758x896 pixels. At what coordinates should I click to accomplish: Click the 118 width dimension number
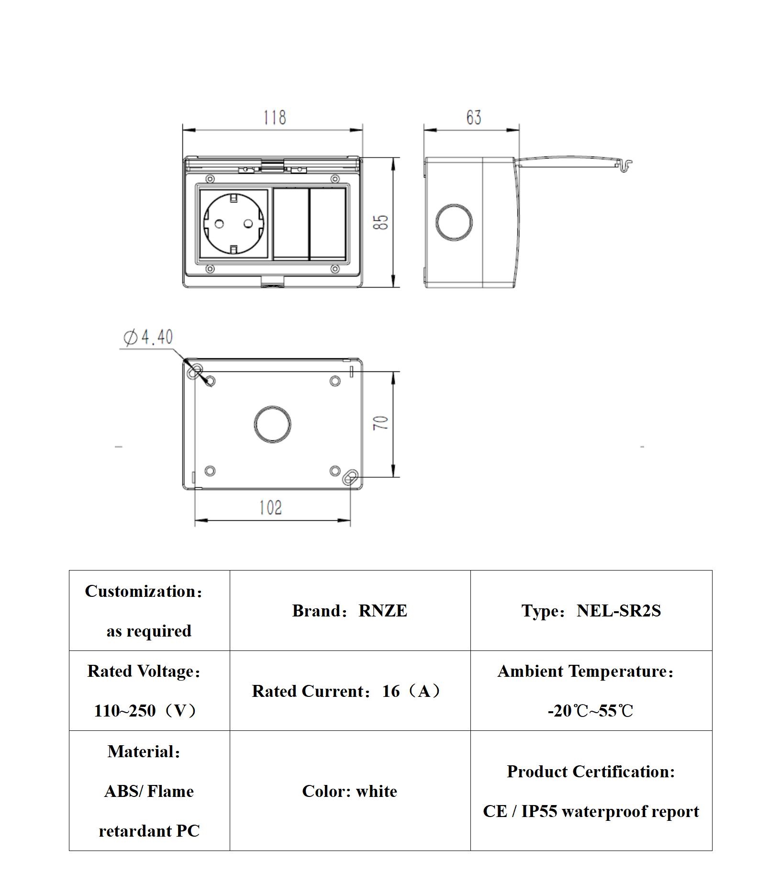[275, 117]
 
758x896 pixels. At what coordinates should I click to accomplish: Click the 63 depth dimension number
[473, 117]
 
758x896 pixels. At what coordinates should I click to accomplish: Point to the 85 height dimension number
[381, 222]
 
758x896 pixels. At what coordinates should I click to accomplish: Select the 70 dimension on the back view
[381, 423]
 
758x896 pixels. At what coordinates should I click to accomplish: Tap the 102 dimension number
[271, 508]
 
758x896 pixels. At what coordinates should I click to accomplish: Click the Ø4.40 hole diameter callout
[148, 337]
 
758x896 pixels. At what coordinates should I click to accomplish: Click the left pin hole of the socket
[220, 224]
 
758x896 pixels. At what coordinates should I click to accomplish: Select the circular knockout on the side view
[454, 223]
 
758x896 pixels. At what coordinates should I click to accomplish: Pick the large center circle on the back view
[272, 424]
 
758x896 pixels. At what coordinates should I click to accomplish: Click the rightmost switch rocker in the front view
[328, 224]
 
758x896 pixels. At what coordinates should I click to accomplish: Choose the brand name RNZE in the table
[383, 611]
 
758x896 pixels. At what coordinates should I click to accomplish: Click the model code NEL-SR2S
[619, 611]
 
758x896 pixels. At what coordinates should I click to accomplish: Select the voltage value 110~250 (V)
[145, 711]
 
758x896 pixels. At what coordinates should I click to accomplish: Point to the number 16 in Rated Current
[391, 691]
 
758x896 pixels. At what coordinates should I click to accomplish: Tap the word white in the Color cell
[377, 791]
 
